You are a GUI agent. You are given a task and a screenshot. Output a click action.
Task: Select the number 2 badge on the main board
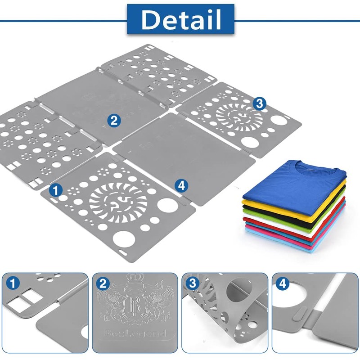coord(114,120)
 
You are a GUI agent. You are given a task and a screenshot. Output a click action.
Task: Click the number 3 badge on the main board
coord(259,103)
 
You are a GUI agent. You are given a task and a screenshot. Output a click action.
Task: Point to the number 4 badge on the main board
coord(181,185)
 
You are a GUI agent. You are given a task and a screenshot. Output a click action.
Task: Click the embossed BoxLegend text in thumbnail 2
coord(135,333)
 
